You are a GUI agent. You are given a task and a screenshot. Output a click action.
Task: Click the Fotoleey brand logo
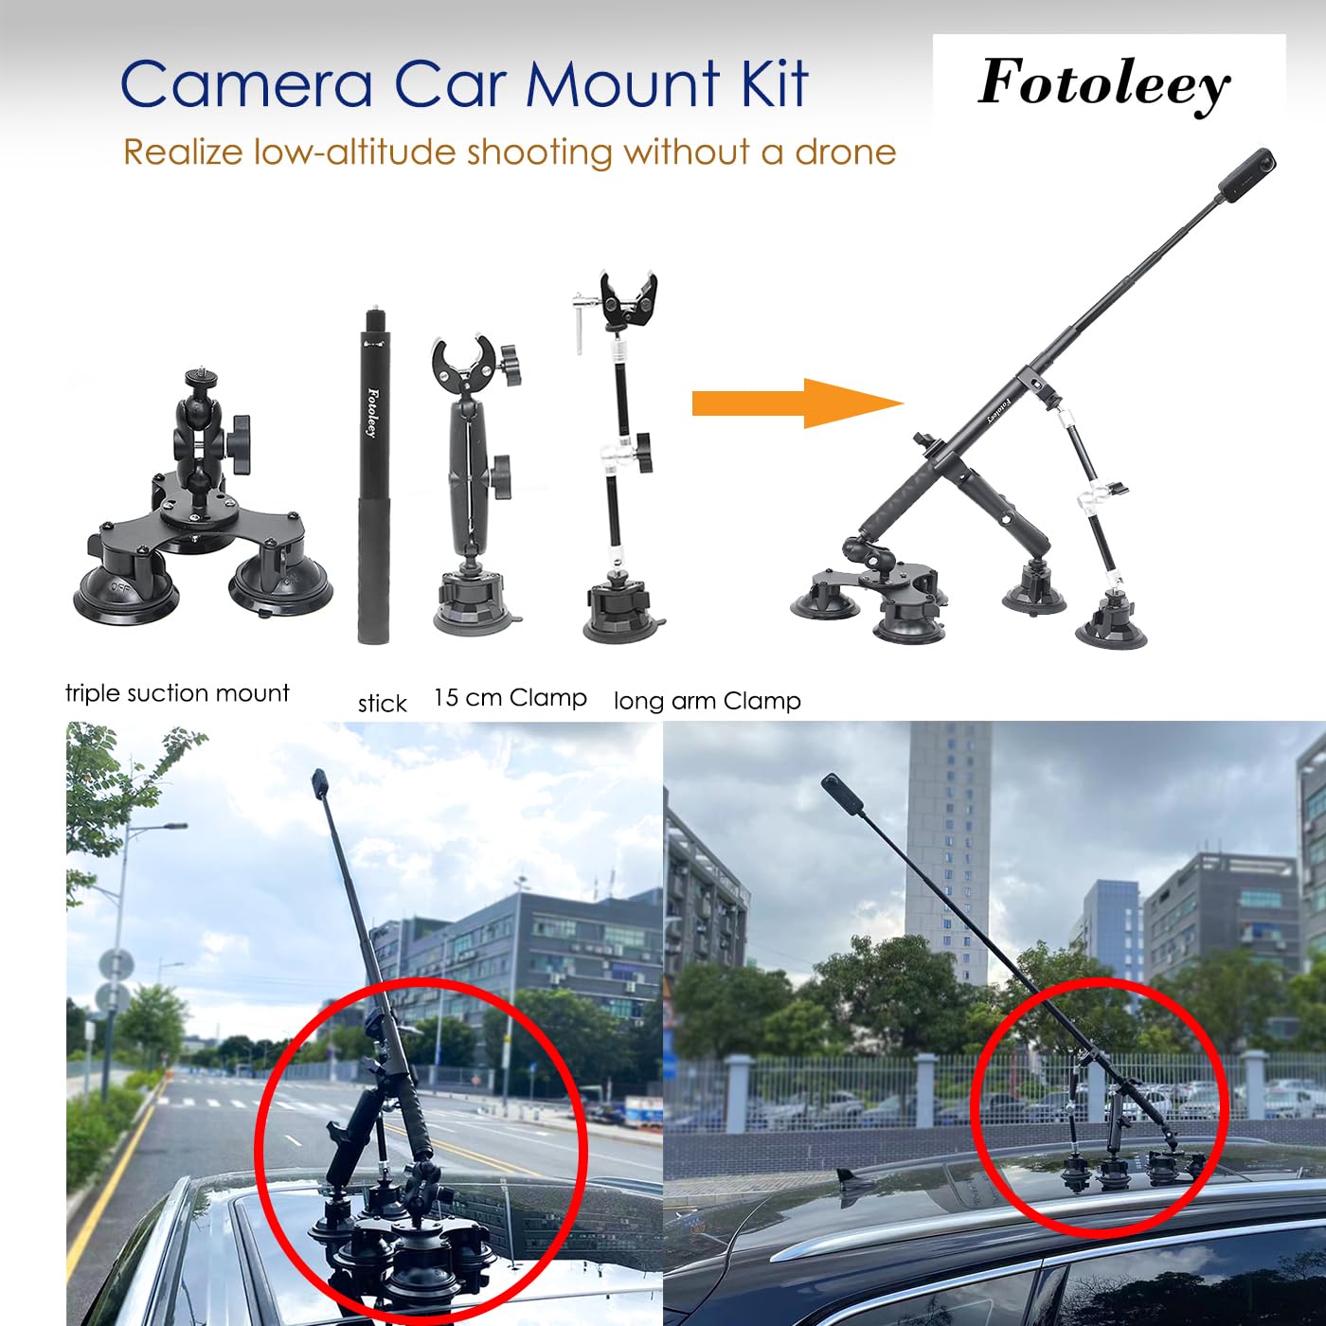[x=1104, y=84]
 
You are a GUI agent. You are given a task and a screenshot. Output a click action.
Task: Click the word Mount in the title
[x=622, y=84]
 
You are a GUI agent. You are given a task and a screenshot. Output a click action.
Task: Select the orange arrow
[x=797, y=403]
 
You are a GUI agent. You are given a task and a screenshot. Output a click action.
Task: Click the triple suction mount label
[x=177, y=693]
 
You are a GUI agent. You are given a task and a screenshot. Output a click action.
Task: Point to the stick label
[x=383, y=704]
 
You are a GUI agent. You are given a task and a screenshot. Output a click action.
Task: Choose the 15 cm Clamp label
[x=511, y=698]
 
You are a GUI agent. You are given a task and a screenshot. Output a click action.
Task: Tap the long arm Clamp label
[x=708, y=701]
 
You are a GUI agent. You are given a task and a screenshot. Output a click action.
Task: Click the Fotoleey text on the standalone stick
[x=373, y=412]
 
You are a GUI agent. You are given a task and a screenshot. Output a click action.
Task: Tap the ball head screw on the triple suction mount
[x=199, y=378]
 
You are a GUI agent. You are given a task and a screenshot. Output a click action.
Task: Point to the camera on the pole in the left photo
[x=320, y=785]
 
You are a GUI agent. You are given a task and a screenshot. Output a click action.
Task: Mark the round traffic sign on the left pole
[x=116, y=965]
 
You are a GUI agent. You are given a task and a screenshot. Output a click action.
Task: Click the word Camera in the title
[x=248, y=84]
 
